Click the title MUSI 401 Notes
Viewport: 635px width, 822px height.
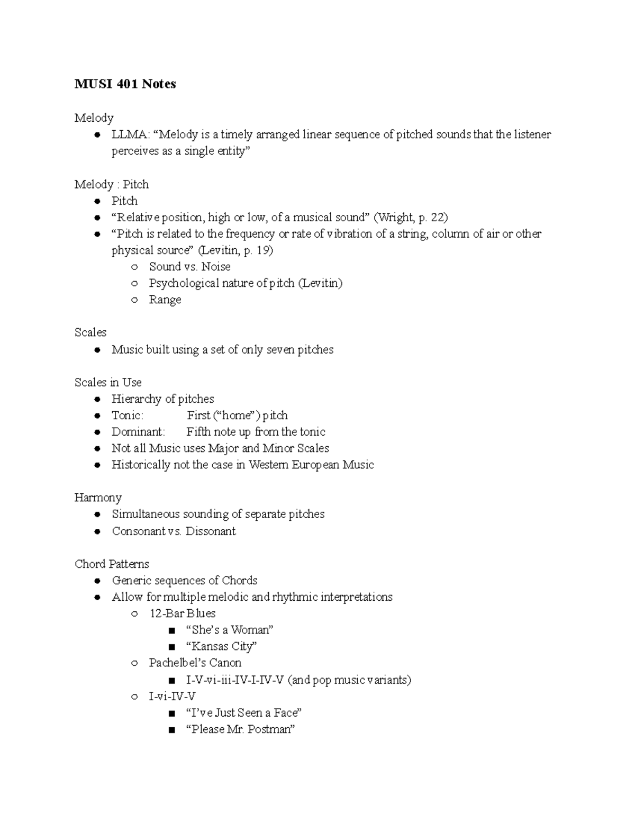(x=125, y=84)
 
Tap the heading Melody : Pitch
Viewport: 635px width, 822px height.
(x=112, y=184)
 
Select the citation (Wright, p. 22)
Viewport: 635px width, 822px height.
(x=411, y=217)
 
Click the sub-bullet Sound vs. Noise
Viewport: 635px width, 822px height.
(x=189, y=267)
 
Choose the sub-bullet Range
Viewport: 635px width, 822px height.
(x=165, y=300)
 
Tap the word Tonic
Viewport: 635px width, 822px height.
(x=127, y=415)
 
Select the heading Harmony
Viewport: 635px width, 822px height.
(x=98, y=498)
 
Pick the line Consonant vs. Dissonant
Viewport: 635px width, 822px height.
(x=174, y=531)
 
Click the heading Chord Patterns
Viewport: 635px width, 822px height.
(x=112, y=564)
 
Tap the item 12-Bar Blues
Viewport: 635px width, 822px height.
(x=182, y=613)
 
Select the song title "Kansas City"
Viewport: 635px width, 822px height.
(x=221, y=646)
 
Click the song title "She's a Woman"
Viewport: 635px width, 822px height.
(x=230, y=630)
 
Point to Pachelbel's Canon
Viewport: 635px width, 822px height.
(x=195, y=663)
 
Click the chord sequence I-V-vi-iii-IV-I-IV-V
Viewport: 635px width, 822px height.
(x=235, y=680)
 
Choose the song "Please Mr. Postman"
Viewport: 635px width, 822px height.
(x=240, y=729)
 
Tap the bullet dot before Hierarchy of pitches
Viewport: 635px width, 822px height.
(x=97, y=399)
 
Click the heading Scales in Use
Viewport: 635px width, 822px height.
(x=108, y=382)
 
